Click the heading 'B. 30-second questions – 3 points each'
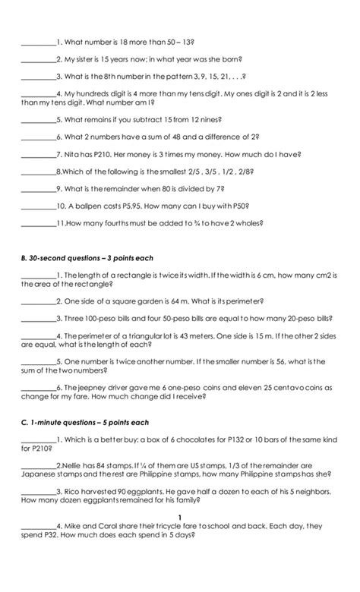coord(87,258)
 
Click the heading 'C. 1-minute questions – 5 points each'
coord(85,422)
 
